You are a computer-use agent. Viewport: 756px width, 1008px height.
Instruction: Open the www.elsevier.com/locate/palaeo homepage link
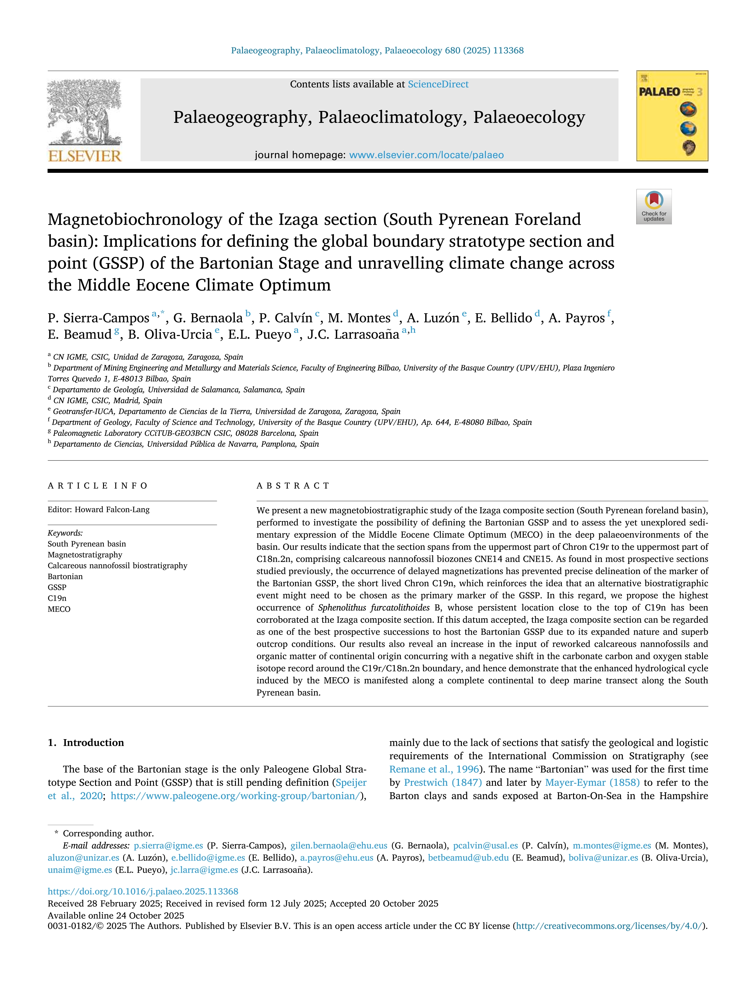pos(426,155)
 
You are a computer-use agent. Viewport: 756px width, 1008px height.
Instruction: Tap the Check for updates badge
pos(654,206)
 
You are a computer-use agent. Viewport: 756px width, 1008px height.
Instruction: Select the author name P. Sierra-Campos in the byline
pos(98,318)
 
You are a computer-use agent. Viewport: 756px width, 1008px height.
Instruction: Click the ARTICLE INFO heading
pos(98,486)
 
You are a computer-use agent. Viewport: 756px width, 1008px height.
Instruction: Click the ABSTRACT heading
pos(293,486)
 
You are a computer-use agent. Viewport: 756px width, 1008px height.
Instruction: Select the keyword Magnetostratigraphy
pos(85,554)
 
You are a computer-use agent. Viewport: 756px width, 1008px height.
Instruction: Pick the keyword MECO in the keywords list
pos(59,609)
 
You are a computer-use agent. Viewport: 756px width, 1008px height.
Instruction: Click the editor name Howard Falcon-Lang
pos(112,509)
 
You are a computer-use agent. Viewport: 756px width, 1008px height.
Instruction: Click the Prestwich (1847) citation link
pos(443,782)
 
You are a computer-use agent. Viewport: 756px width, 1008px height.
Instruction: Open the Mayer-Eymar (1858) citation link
pos(592,782)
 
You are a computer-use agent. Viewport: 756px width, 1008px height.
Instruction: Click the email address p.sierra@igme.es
pos(168,845)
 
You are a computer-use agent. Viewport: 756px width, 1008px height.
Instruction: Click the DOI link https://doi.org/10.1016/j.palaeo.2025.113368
pos(143,891)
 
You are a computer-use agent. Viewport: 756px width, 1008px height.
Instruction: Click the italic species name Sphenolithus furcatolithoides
pos(374,607)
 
